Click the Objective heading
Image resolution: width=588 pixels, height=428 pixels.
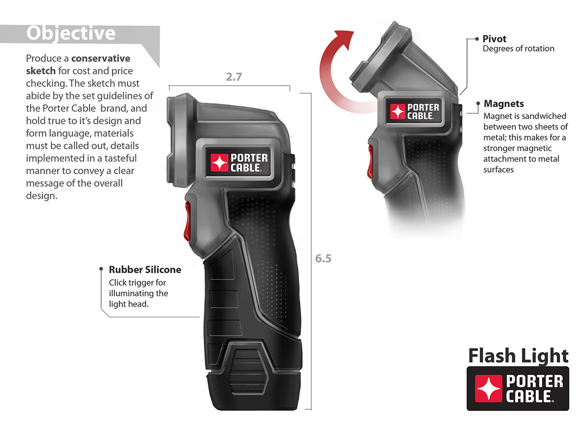[71, 33]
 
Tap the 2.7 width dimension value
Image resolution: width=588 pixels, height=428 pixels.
[234, 77]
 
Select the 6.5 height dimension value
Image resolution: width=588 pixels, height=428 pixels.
[323, 258]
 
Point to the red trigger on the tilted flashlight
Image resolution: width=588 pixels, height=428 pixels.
[371, 160]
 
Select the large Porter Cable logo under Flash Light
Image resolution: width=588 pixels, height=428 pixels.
[518, 388]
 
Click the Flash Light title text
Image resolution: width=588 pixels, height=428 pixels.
[518, 355]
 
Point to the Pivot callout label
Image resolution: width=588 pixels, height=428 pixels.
[494, 39]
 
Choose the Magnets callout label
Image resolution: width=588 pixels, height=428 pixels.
[504, 104]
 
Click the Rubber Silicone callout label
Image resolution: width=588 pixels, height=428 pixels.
[145, 270]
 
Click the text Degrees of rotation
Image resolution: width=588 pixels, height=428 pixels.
[518, 49]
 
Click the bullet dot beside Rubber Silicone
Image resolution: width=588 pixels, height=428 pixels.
[102, 270]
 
